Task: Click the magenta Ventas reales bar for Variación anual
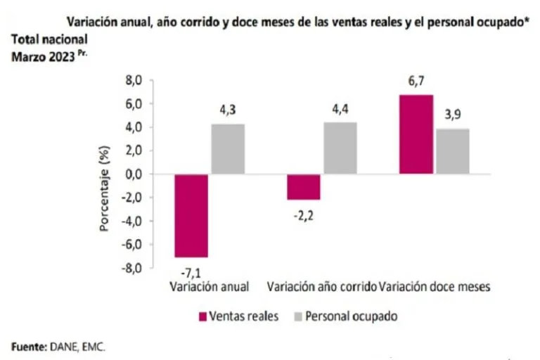191,215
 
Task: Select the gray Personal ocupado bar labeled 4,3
228,148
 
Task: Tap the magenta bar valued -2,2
303,186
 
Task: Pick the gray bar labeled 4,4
340,148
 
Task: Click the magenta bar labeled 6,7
416,134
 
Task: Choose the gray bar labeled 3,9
452,150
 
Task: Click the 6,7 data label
415,83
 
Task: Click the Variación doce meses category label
434,287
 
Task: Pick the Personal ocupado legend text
358,316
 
